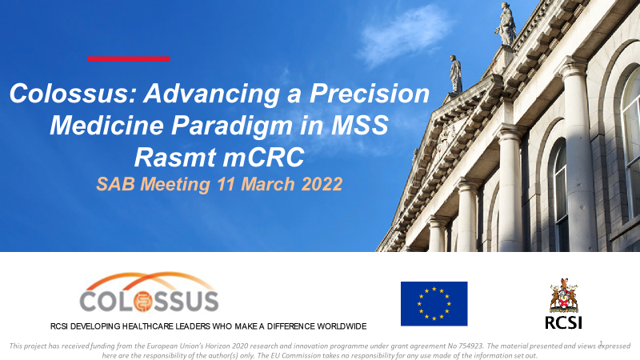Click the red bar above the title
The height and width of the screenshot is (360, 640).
click(129, 58)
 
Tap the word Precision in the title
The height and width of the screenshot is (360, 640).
click(370, 93)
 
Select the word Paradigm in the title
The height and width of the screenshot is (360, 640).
click(232, 126)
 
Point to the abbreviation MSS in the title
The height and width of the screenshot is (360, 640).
click(359, 126)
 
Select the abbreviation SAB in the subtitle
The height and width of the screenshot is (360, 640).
click(116, 184)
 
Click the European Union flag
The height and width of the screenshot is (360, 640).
click(434, 304)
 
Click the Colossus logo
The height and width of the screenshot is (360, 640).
click(149, 292)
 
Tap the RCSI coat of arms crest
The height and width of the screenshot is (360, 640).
click(564, 295)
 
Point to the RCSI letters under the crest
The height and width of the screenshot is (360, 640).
click(564, 322)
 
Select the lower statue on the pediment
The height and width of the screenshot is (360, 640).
click(455, 74)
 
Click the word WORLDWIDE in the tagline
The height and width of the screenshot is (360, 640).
click(342, 326)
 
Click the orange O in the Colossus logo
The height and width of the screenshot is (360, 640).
click(144, 302)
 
